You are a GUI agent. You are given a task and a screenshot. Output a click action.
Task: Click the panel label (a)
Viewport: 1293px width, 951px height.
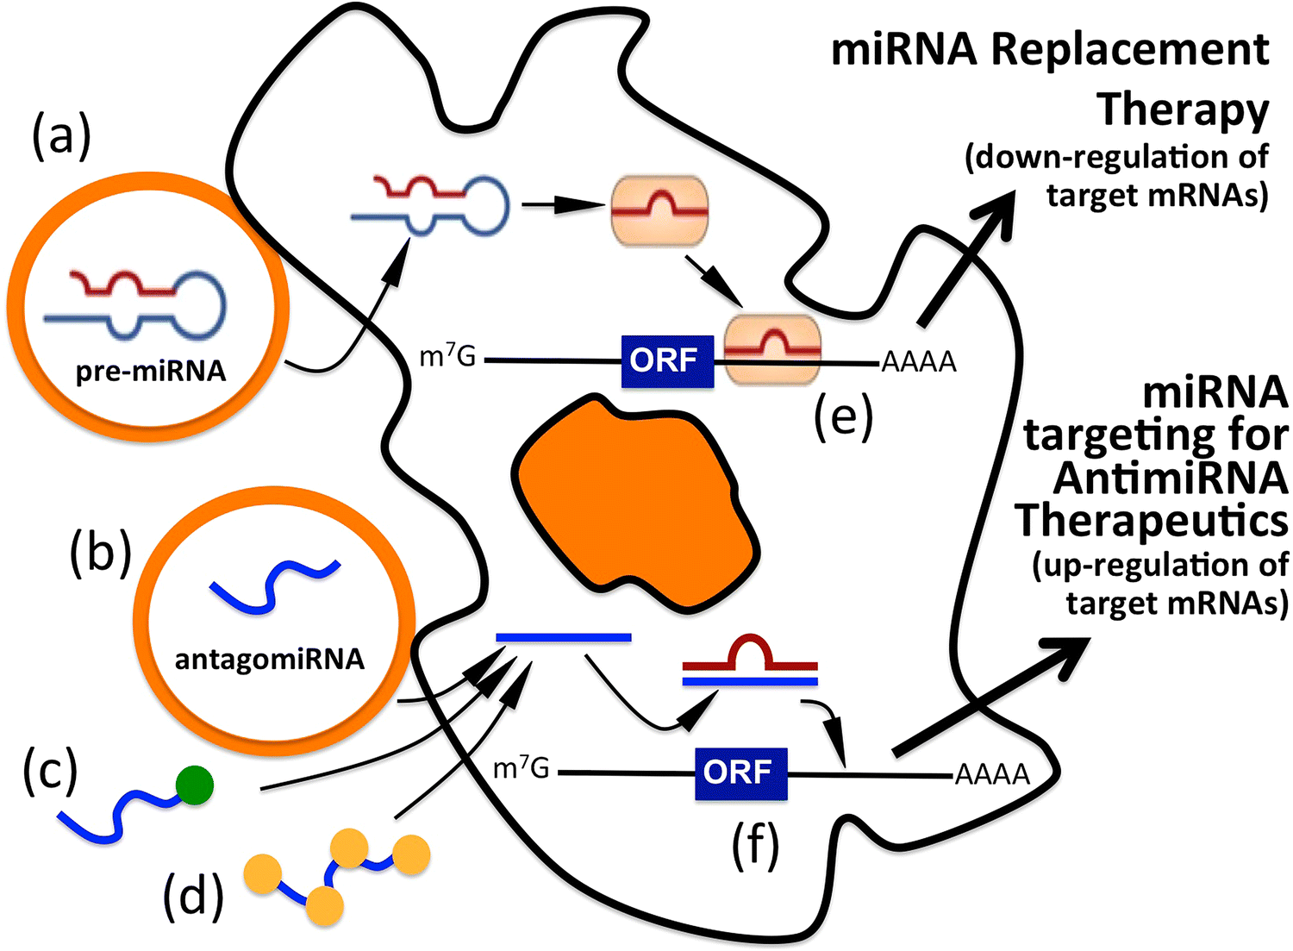pyautogui.click(x=61, y=137)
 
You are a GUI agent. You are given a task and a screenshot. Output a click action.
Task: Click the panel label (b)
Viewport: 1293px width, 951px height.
pyautogui.click(x=100, y=551)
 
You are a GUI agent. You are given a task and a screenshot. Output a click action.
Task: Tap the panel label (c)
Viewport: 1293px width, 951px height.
pyautogui.click(x=50, y=770)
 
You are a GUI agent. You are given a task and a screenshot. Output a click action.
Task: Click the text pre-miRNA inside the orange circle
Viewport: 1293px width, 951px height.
pyautogui.click(x=151, y=372)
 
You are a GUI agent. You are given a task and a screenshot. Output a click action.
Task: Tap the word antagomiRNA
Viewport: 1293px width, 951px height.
pyautogui.click(x=269, y=660)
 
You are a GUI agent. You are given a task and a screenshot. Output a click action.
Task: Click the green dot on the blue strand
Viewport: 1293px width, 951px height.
pyautogui.click(x=194, y=785)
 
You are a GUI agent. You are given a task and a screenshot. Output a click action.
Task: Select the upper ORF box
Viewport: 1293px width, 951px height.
pyautogui.click(x=667, y=360)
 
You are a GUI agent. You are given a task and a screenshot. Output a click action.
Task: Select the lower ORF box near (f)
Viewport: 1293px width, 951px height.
pyautogui.click(x=740, y=773)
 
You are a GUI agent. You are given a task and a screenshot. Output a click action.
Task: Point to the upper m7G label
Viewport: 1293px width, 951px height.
pyautogui.click(x=447, y=356)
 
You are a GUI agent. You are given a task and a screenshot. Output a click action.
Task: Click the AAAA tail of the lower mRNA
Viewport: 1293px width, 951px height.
pyautogui.click(x=992, y=774)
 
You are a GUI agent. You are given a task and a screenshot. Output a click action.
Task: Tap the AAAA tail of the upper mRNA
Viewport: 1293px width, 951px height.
pyautogui.click(x=919, y=362)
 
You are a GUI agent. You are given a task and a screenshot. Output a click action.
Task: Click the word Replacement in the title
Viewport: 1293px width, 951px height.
pyautogui.click(x=1129, y=50)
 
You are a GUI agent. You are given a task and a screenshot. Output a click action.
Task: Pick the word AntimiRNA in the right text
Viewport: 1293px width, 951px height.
pyautogui.click(x=1170, y=479)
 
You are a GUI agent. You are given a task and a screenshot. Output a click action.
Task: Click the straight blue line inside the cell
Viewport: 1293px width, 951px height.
pyautogui.click(x=564, y=637)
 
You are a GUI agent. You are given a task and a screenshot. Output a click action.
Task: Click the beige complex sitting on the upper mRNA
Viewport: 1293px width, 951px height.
pyautogui.click(x=772, y=349)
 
